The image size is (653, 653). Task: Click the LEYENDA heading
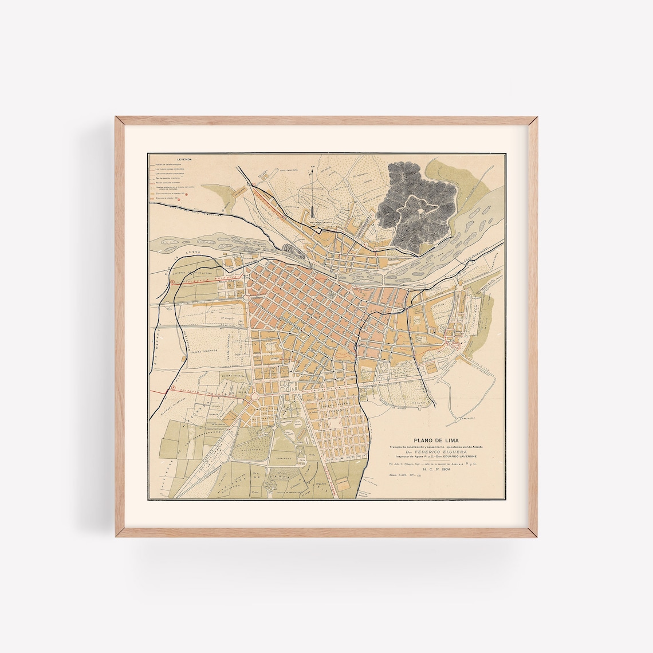pos(184,156)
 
